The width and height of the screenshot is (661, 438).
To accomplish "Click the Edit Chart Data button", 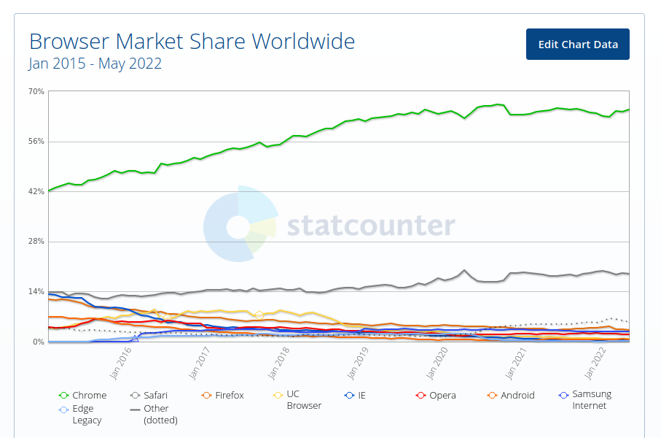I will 577,45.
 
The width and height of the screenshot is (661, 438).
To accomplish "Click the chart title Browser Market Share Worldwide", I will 192,41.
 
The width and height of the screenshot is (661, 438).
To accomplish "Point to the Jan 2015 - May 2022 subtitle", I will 95,64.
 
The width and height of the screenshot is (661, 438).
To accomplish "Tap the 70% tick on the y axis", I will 36,91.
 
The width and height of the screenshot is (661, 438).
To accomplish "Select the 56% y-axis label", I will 36,142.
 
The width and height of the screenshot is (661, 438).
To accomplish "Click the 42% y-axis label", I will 36,191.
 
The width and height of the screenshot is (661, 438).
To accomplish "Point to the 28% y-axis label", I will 36,242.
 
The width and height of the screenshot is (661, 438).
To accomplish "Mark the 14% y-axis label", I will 36,291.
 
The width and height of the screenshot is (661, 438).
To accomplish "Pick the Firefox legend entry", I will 222,396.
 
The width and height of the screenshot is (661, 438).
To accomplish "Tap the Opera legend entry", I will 436,396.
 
